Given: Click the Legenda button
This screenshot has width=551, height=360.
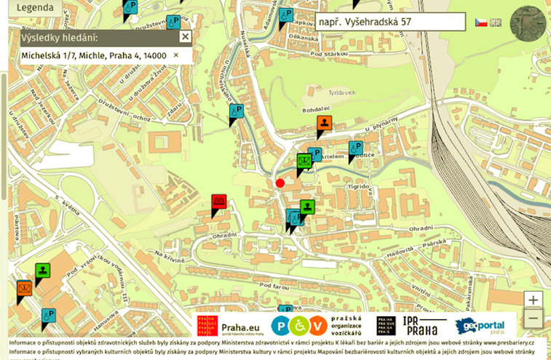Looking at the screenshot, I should (30, 9).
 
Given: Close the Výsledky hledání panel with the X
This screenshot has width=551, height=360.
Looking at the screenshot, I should (185, 37).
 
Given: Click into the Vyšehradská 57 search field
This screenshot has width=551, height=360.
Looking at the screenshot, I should (390, 22).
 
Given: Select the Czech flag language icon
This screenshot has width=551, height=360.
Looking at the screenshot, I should (481, 23).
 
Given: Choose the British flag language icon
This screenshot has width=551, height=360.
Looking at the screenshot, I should (496, 23).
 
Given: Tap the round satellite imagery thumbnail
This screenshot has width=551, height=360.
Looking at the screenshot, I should (528, 24).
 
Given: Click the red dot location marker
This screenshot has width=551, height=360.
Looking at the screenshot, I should (280, 183).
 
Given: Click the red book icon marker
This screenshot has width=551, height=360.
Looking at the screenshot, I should (218, 202).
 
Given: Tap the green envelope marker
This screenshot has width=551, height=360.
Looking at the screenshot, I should (305, 160).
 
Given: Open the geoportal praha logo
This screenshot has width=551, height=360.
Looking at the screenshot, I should (484, 325).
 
